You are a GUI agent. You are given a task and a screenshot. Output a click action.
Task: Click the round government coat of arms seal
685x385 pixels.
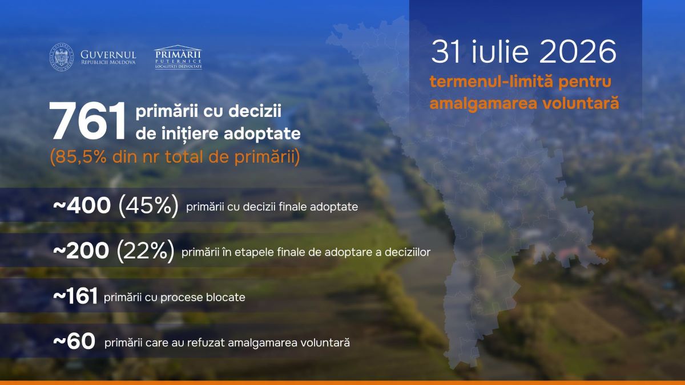(62, 57)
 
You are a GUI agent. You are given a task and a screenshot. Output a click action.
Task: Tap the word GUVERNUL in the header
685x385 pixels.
(108, 55)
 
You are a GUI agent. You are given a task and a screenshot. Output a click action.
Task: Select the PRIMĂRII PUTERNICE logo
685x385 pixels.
(178, 57)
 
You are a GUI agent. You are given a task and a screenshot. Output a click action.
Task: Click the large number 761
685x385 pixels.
(87, 121)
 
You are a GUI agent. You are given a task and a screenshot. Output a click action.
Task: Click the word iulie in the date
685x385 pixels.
(500, 52)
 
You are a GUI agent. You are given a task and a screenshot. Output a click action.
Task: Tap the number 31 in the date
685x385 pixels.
(446, 52)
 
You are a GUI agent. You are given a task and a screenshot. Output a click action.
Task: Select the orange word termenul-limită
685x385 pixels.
(491, 82)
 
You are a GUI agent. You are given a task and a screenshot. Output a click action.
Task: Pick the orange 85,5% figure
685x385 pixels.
(81, 157)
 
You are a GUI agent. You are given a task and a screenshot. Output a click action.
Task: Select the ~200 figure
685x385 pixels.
(81, 251)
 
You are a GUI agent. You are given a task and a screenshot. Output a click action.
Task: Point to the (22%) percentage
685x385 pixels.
(146, 251)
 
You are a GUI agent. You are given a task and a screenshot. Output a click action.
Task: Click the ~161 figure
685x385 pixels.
(75, 296)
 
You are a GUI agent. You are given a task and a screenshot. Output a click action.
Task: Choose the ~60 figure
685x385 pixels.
(74, 341)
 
